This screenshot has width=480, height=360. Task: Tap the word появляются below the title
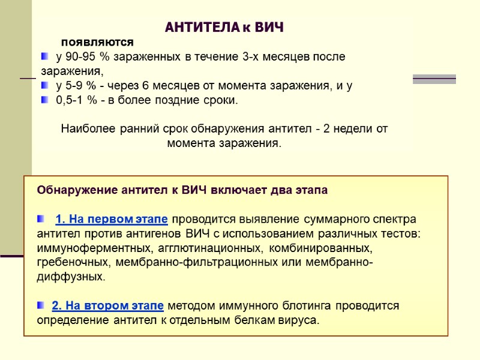coord(97,43)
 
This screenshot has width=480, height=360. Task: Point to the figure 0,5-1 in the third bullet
coord(70,100)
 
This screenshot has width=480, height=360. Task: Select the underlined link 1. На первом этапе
coord(111,218)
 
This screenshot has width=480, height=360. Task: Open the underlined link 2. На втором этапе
coord(107,305)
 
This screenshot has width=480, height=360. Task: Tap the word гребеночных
coord(71,262)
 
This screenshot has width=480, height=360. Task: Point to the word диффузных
coord(70,277)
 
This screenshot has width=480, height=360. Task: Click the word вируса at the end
coord(300,320)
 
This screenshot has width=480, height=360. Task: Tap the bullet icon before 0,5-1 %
coord(46,100)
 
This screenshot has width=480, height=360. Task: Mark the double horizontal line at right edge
coord(434,79)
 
